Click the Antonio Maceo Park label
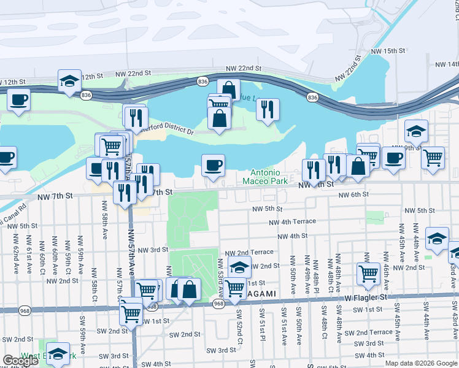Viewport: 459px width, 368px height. coord(265,177)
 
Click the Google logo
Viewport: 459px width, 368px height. coord(20,361)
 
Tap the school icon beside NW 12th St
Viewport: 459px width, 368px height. coord(70,82)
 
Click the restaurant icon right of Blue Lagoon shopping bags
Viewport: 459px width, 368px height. coord(268,110)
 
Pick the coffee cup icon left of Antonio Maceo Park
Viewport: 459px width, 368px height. coord(213,166)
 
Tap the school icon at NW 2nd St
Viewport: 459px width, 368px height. coord(239,267)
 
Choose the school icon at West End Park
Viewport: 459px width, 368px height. coord(58,355)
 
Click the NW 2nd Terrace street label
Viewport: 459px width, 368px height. coord(249,252)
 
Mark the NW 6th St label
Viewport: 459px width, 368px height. coord(354,194)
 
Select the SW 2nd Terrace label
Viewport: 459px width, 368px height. coord(372,332)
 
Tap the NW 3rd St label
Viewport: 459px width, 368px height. coord(153,250)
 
